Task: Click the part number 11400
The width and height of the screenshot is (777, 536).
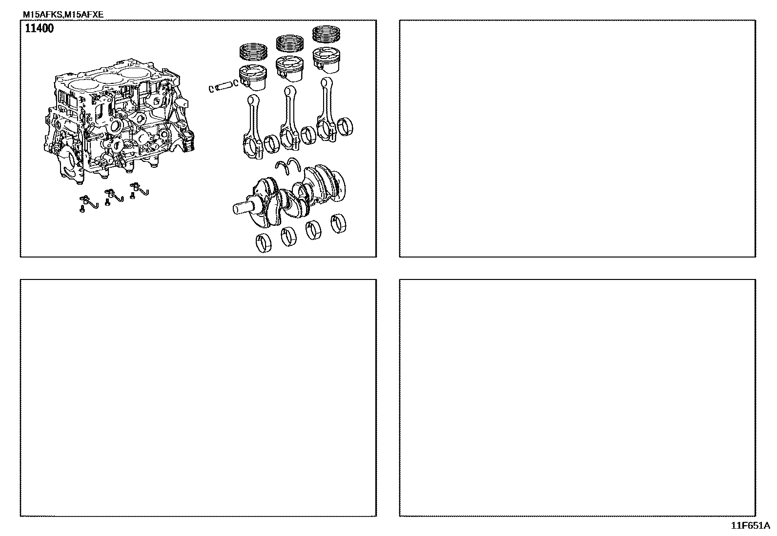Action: (x=39, y=28)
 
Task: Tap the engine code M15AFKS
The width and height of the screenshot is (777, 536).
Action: (x=43, y=15)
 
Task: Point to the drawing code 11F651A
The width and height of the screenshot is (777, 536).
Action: (x=750, y=526)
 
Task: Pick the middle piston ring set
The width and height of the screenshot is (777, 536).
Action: (x=289, y=43)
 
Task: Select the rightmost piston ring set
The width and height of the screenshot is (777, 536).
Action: (x=326, y=34)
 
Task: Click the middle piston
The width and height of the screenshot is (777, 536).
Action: (x=289, y=69)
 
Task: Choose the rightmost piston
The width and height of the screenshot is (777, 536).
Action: (x=326, y=60)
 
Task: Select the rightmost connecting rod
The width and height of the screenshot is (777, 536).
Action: (x=327, y=109)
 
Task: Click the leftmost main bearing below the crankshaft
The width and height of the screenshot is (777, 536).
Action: (x=264, y=243)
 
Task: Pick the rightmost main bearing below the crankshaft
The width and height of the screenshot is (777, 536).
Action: (x=338, y=224)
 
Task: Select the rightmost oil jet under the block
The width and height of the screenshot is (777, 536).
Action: (x=139, y=190)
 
